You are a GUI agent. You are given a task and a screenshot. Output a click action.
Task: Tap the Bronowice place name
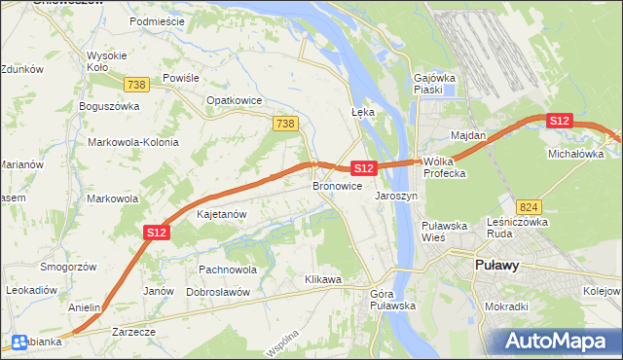click(337, 185)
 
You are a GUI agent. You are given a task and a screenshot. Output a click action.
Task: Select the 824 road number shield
click(529, 207)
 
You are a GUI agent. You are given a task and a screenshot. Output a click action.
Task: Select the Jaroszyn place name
click(396, 195)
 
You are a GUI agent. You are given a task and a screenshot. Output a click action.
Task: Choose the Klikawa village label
click(323, 279)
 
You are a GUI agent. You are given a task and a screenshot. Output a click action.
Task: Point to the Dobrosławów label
click(218, 292)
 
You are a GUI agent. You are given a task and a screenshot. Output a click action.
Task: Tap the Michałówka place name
click(576, 154)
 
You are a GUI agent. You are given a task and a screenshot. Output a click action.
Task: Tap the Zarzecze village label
click(133, 331)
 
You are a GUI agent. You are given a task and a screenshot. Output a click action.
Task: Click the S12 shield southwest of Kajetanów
click(158, 232)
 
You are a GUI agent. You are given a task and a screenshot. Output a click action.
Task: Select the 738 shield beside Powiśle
click(136, 86)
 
